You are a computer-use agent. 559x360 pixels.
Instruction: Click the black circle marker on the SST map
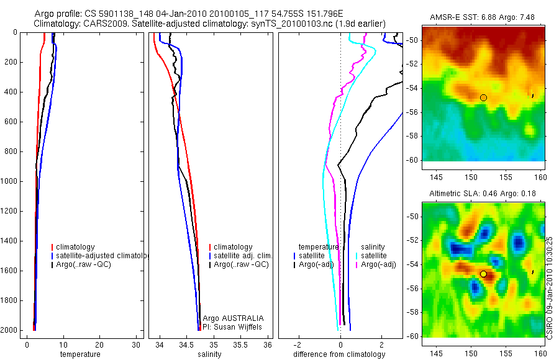tap(483, 97)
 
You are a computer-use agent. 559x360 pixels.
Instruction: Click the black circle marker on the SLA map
tap(483, 274)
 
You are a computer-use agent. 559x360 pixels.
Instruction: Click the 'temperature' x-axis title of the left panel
tap(80, 354)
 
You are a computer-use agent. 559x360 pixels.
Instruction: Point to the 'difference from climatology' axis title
tap(339, 354)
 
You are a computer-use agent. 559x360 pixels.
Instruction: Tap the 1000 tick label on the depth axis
tap(10, 181)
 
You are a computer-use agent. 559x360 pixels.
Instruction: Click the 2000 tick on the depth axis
tap(10, 330)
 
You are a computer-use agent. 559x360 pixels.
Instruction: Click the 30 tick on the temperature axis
tap(137, 344)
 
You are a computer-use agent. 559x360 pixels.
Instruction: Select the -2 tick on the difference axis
tap(299, 344)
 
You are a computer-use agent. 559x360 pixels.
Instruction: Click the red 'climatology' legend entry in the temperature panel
tap(75, 247)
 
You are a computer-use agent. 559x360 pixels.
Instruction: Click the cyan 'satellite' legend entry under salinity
tap(373, 256)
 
